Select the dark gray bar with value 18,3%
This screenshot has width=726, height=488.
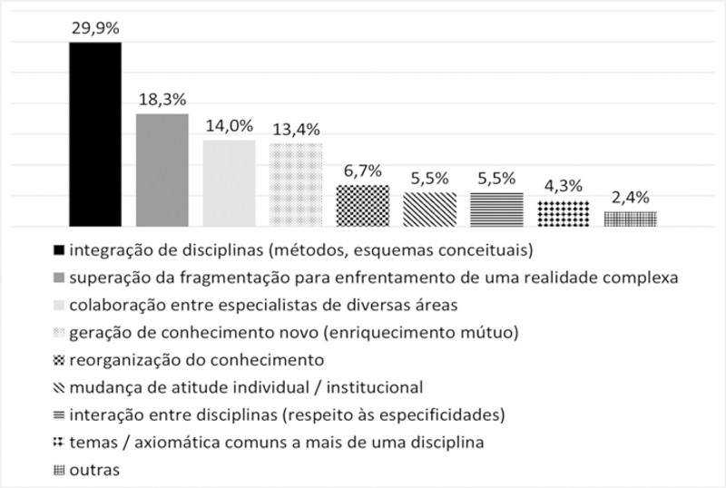click(162, 170)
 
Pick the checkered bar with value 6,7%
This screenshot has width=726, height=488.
click(363, 205)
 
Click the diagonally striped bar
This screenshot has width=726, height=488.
click(429, 209)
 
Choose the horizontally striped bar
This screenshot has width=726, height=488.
click(496, 209)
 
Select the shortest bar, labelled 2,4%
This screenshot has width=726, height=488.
click(630, 218)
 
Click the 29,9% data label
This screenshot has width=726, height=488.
click(95, 28)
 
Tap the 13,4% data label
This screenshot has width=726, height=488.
click(296, 129)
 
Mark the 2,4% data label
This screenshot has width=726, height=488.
click(630, 197)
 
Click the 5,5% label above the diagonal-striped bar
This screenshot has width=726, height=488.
click(429, 178)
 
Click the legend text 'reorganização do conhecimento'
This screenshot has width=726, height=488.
click(188, 358)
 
